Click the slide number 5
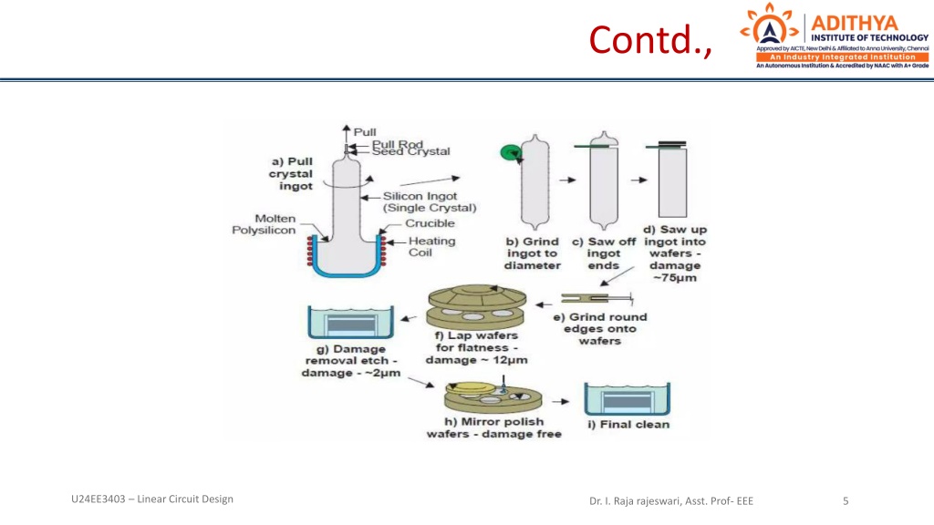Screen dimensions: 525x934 click(x=846, y=499)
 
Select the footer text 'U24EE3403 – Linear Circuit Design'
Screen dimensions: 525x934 click(x=151, y=499)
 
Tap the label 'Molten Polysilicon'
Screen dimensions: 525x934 click(x=263, y=224)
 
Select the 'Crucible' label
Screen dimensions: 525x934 click(x=430, y=223)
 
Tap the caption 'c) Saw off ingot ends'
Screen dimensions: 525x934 click(x=603, y=253)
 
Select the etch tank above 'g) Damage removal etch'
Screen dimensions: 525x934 click(x=348, y=324)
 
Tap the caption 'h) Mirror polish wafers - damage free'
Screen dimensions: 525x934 click(x=494, y=427)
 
